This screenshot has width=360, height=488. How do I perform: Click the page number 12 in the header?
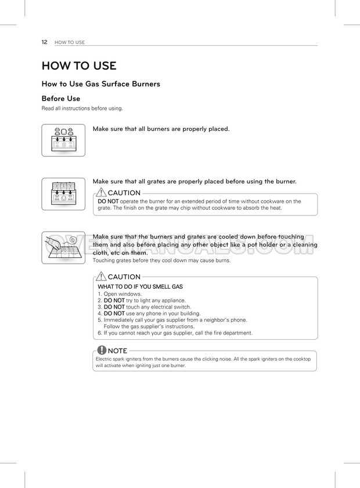coord(44,42)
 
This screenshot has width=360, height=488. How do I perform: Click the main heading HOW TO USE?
coord(79,66)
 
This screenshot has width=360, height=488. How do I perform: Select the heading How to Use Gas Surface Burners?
coord(100,84)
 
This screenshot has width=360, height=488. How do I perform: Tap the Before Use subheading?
coord(61,99)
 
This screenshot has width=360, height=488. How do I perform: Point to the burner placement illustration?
coord(63,140)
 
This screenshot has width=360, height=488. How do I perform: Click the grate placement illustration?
coord(63,194)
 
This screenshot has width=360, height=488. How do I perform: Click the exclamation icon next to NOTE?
coord(102,350)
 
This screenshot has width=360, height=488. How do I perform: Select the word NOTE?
coord(118,351)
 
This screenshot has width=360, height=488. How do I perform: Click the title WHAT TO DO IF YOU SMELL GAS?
coord(140,287)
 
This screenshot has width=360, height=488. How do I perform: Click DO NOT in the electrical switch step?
coord(114,307)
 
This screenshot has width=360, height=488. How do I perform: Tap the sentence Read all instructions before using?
coord(82,109)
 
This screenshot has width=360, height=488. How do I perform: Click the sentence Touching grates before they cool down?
coord(161,260)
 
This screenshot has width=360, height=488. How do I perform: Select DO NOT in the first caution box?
coord(109,201)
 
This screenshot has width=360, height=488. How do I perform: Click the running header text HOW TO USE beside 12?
coord(70,42)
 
